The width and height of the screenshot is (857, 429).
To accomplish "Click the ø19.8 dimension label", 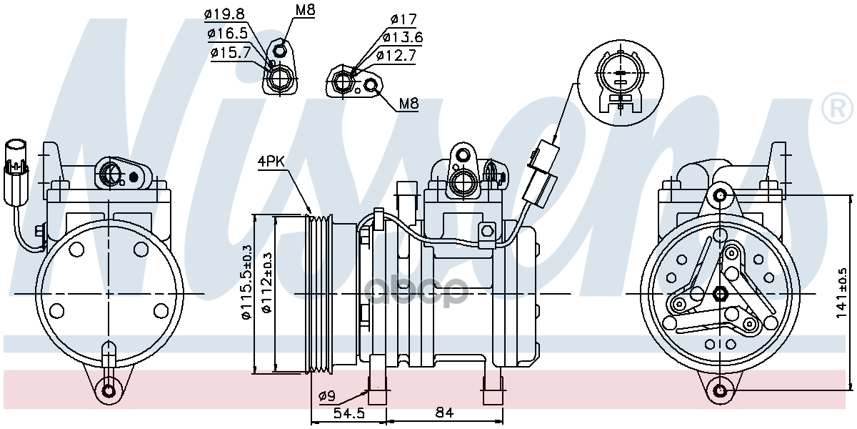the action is [224, 14].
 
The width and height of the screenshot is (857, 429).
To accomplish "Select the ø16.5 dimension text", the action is [228, 34].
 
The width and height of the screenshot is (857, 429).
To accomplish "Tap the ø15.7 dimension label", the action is [231, 52].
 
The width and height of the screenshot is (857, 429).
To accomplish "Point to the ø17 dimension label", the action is [404, 19].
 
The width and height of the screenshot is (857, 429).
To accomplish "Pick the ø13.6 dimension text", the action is [403, 37].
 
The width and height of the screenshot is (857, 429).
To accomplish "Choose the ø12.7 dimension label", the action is [396, 56].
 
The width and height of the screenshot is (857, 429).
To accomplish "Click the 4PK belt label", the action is [271, 162].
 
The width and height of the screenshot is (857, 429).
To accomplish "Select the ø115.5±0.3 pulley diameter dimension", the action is [247, 282].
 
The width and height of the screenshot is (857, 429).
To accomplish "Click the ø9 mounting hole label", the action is [327, 395].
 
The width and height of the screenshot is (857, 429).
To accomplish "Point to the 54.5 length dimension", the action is [349, 413].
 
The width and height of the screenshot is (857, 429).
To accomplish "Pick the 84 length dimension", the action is [444, 413].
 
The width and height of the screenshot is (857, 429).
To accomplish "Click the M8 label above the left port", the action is [305, 10].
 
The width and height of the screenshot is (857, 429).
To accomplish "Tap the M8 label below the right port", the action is [409, 104].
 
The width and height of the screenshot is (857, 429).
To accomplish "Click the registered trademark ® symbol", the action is [838, 108].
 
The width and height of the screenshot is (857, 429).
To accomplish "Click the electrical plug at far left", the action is [16, 173].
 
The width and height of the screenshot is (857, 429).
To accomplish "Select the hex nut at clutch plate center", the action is [721, 294].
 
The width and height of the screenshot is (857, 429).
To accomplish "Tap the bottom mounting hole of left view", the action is [109, 391].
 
